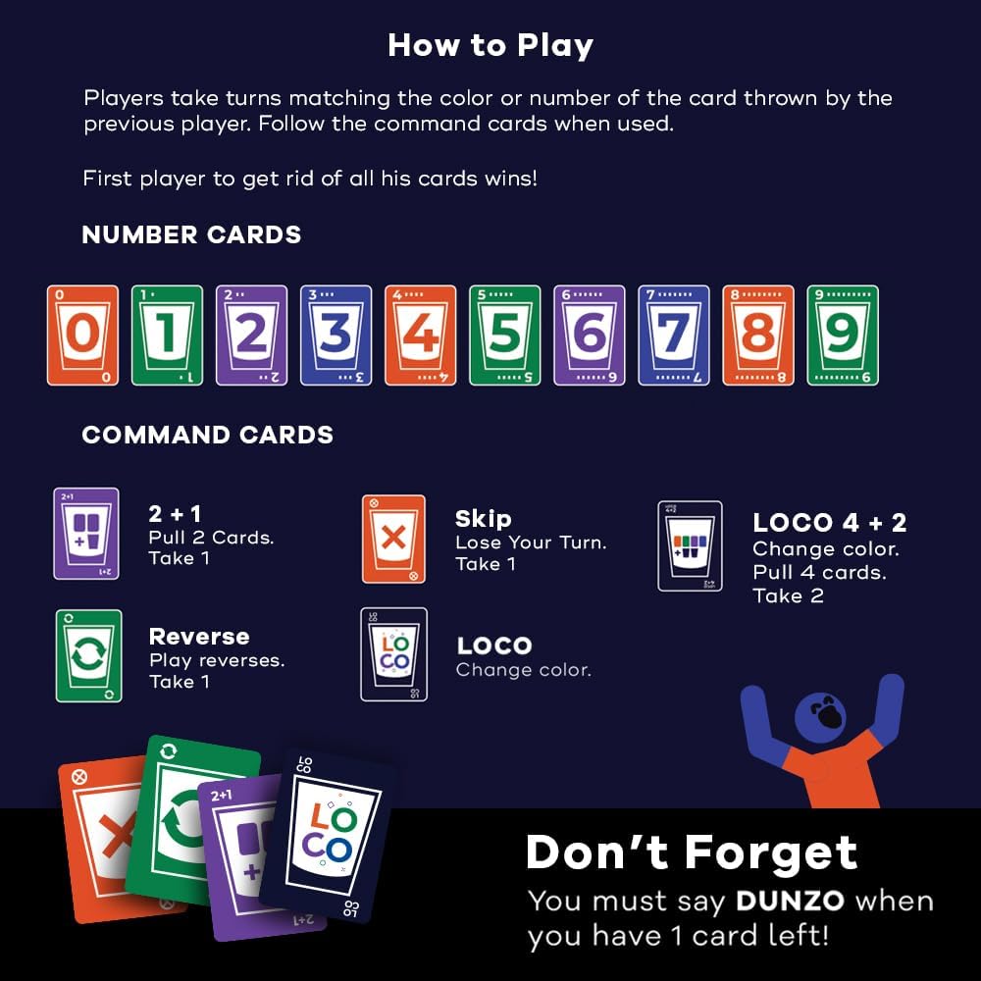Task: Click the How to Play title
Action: coord(490,45)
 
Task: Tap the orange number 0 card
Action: coord(82,335)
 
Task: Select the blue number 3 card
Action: coord(336,335)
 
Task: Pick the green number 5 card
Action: coord(504,335)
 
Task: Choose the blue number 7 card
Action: coord(673,335)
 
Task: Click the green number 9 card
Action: coord(842,335)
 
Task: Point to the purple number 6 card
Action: coord(589,335)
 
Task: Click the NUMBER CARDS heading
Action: coord(191,235)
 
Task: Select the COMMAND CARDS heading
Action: coord(207,436)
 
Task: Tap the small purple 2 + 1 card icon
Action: coord(86,534)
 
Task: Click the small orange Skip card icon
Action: coord(393,539)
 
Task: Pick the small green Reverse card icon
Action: coord(88,655)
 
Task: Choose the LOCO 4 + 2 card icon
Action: coord(690,546)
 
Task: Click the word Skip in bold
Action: coord(483,519)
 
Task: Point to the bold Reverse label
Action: coord(199,637)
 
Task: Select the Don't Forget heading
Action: coord(692,852)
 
